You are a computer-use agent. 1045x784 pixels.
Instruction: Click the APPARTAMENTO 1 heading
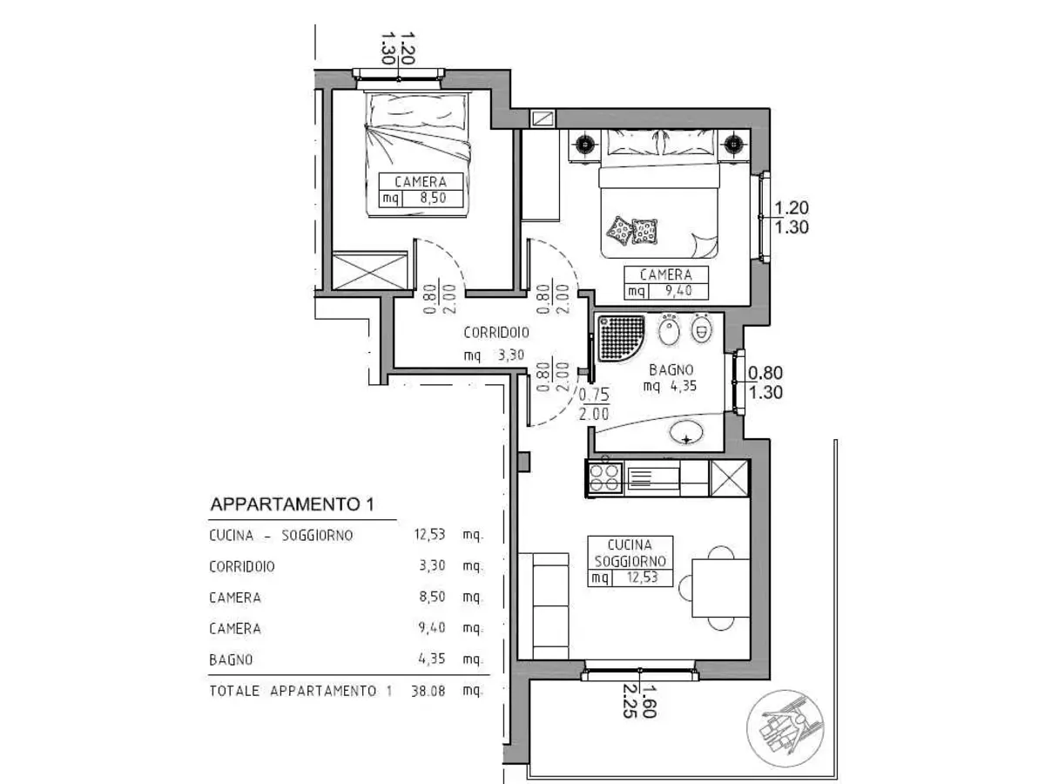pos(293,504)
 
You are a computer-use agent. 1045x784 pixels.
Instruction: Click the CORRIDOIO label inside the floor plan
pos(496,332)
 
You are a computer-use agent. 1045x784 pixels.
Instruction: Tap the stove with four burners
pos(604,477)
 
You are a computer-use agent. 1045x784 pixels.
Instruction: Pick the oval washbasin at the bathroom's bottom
pos(688,432)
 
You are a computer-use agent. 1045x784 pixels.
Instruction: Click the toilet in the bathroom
pos(702,329)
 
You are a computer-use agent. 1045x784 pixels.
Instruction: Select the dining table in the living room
pos(720,587)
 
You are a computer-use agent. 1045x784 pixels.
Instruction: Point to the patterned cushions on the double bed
pos(633,231)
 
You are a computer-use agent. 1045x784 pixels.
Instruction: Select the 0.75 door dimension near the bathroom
pos(594,393)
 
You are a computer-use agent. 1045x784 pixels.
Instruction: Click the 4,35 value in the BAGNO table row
pos(431,659)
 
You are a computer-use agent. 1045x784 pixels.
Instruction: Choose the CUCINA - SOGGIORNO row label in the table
pos(281,536)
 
